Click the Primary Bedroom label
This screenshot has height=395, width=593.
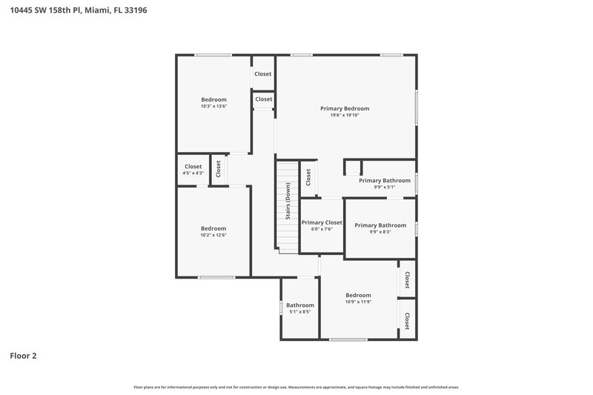point(345,108)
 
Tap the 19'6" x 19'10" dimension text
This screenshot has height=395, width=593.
point(345,115)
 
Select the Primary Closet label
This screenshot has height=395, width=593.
point(322,222)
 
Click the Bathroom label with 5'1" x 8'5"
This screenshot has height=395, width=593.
point(300,305)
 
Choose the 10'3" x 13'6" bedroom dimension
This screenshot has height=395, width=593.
point(213,106)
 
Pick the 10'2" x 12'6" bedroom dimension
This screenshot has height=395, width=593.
point(213,235)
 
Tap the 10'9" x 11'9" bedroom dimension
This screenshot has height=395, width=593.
point(358,302)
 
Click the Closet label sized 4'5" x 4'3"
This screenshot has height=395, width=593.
point(193,167)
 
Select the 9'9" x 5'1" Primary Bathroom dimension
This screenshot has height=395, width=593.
point(385,187)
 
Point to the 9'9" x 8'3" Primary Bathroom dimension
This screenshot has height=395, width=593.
point(380,232)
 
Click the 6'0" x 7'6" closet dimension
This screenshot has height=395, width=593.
point(322,229)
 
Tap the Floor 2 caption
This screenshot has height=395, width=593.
point(23,356)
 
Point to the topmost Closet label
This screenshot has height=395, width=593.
point(263,74)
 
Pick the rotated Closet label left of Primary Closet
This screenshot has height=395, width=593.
point(308,178)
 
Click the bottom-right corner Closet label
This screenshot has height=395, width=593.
point(407,321)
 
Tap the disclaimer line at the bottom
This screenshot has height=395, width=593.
point(296,387)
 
